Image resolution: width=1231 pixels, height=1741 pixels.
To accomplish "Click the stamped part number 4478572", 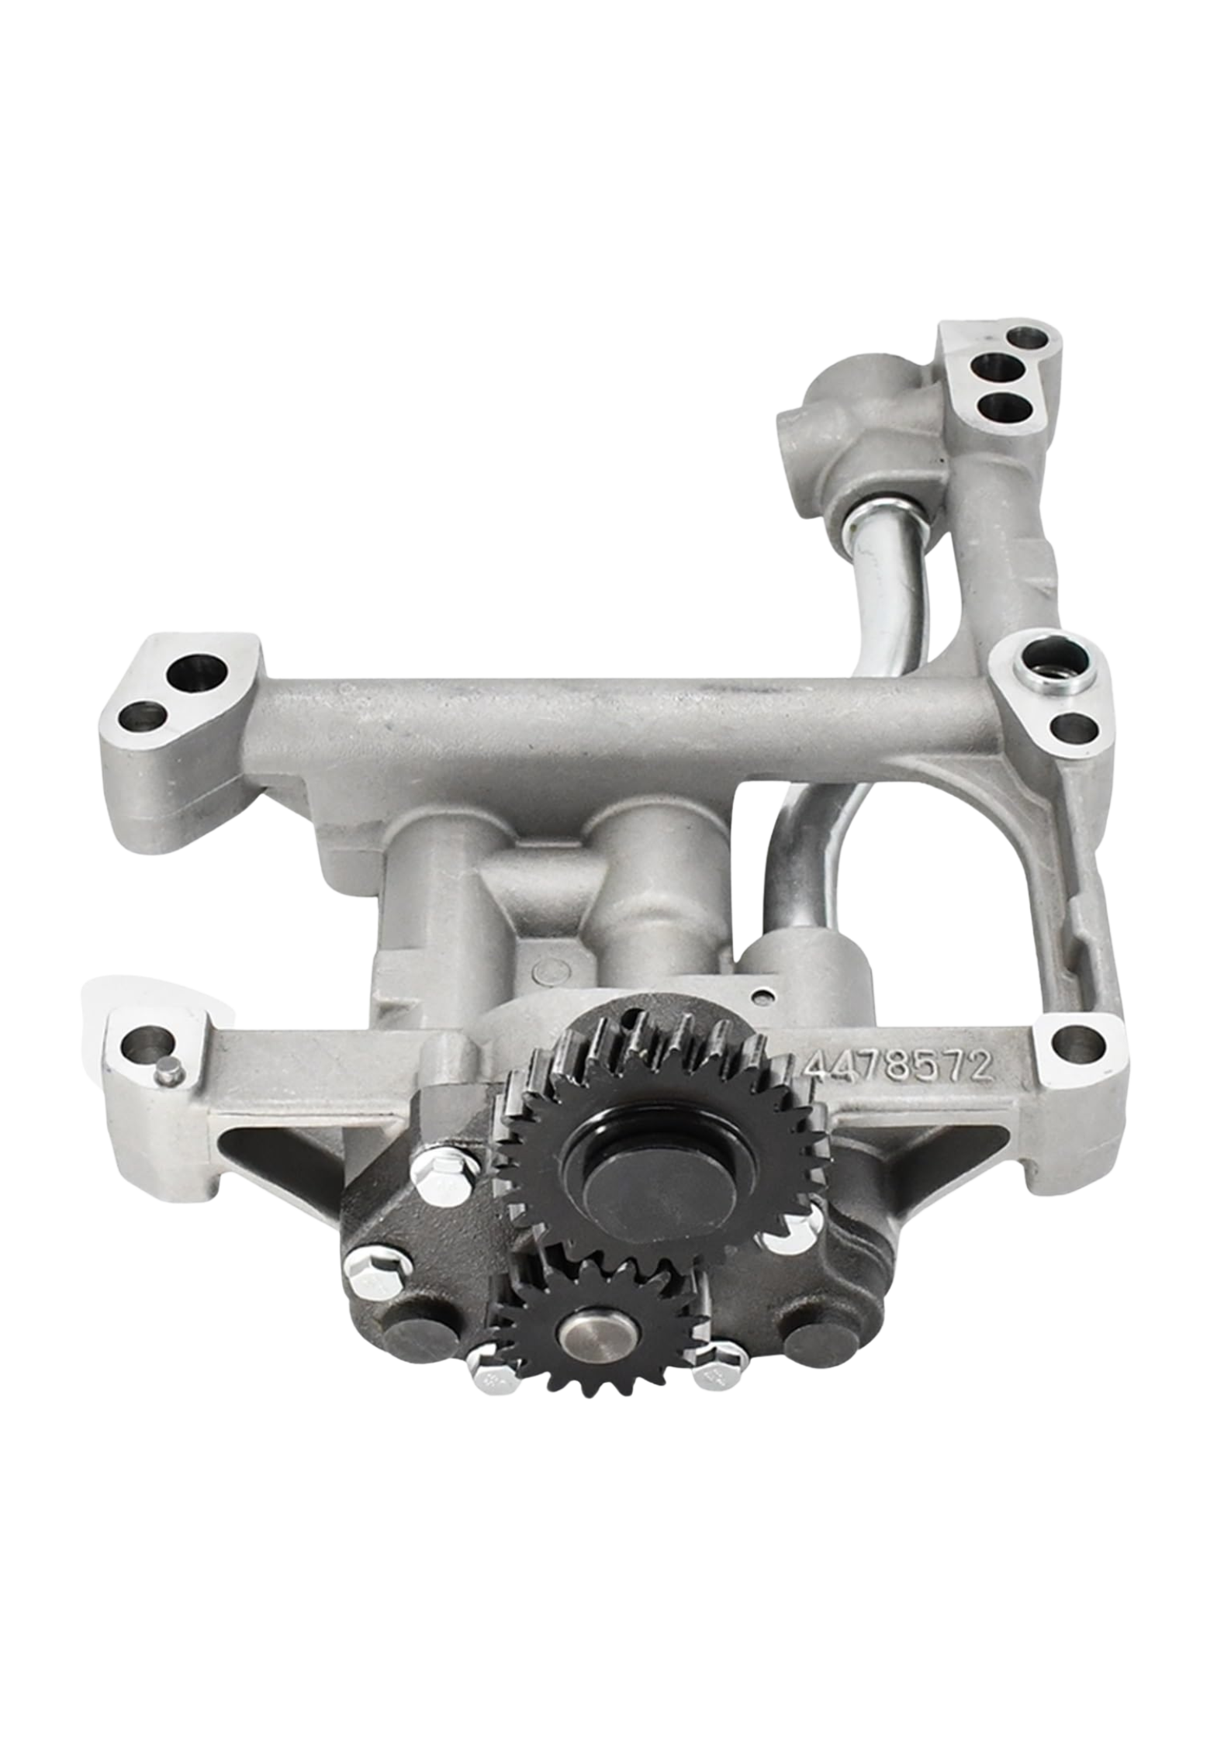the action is [x=898, y=1069].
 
